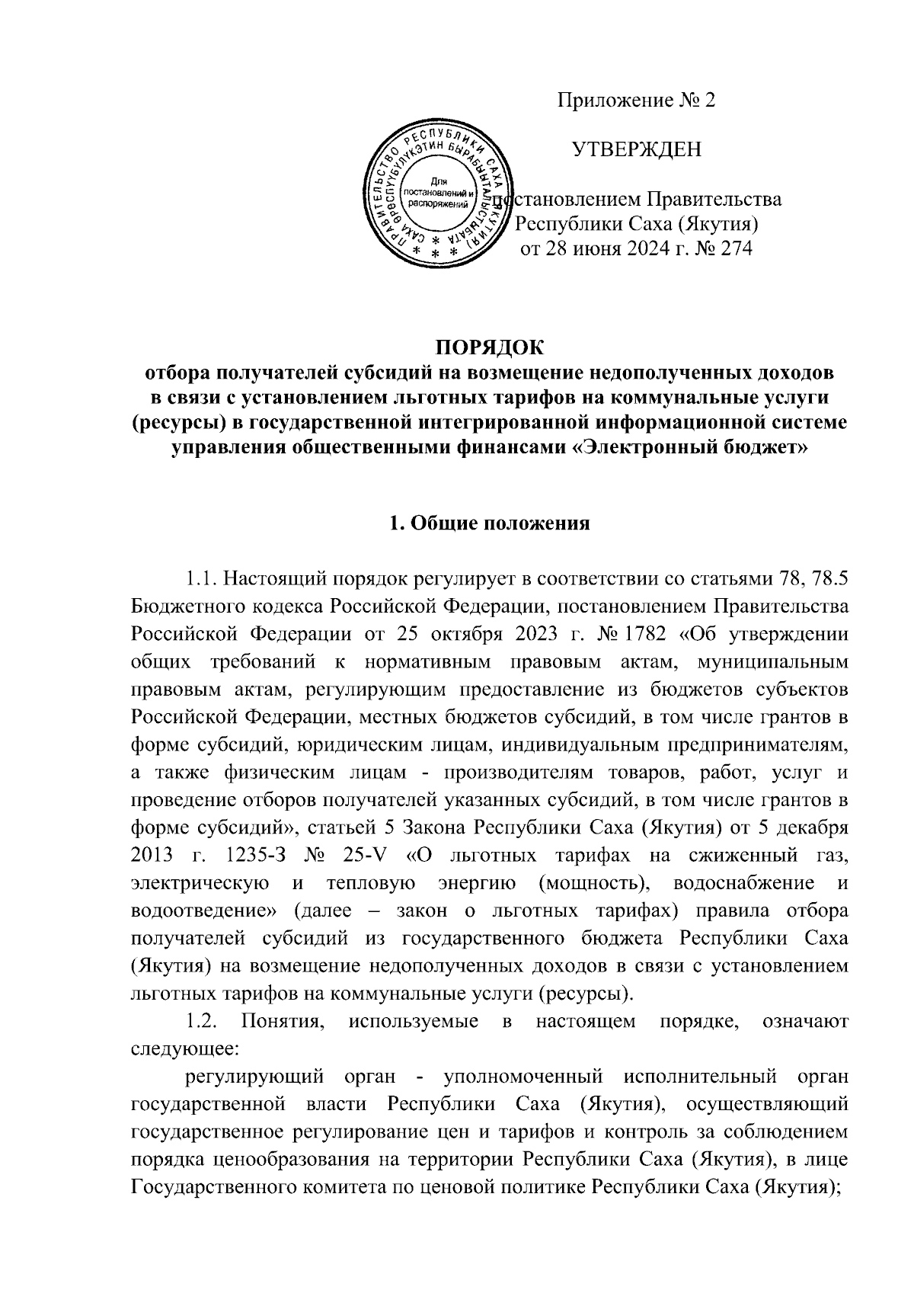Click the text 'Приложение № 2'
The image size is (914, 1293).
tap(637, 101)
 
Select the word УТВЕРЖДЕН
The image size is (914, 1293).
tap(637, 149)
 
